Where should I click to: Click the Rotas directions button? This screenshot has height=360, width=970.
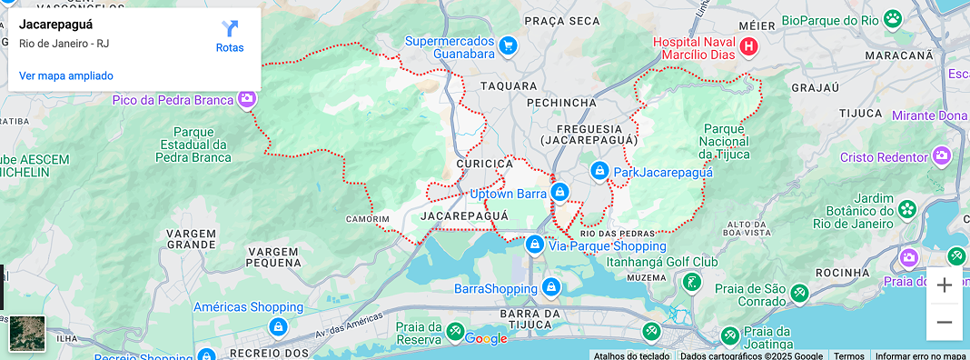(230, 35)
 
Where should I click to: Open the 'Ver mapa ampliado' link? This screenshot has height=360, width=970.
(66, 75)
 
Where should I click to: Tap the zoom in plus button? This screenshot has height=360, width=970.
(944, 285)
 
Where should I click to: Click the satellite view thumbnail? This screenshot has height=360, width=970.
(27, 333)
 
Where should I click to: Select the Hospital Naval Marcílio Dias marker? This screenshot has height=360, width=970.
(748, 45)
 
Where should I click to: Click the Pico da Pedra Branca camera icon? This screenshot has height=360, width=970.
(247, 98)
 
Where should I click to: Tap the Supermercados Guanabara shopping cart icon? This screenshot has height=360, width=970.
(508, 45)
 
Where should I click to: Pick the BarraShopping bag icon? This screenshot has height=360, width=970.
(550, 288)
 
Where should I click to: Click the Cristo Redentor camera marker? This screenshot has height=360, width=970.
(942, 156)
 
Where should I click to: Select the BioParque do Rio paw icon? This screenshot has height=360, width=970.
(894, 19)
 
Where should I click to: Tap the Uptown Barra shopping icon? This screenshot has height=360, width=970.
(560, 193)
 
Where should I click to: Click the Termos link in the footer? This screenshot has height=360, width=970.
(849, 355)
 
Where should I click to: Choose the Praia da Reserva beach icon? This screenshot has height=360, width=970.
(455, 331)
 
